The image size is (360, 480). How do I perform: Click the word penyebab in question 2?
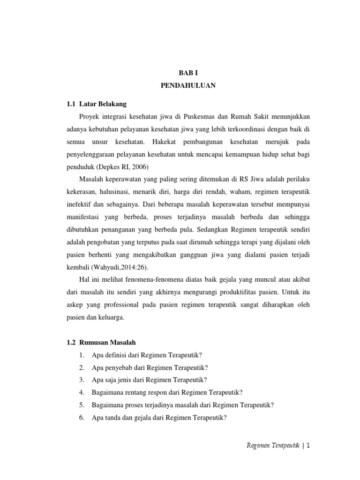coord(117,367)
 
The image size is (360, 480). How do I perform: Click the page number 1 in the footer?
coord(308,446)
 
